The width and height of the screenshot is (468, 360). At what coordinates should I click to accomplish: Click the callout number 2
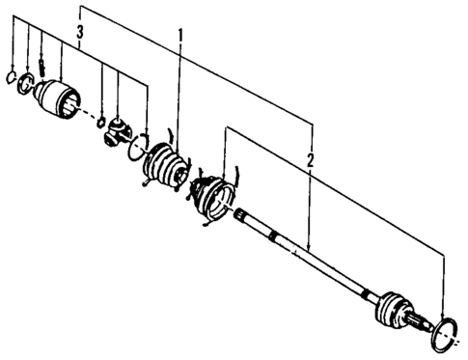click(x=311, y=161)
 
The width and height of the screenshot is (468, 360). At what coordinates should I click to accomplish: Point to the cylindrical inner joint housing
click(x=60, y=101)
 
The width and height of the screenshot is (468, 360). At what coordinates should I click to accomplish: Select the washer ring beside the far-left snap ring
click(x=26, y=81)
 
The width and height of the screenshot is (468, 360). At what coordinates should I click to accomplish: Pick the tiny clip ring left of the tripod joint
click(x=100, y=120)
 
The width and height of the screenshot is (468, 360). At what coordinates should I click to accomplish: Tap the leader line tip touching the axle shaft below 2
click(x=308, y=248)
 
